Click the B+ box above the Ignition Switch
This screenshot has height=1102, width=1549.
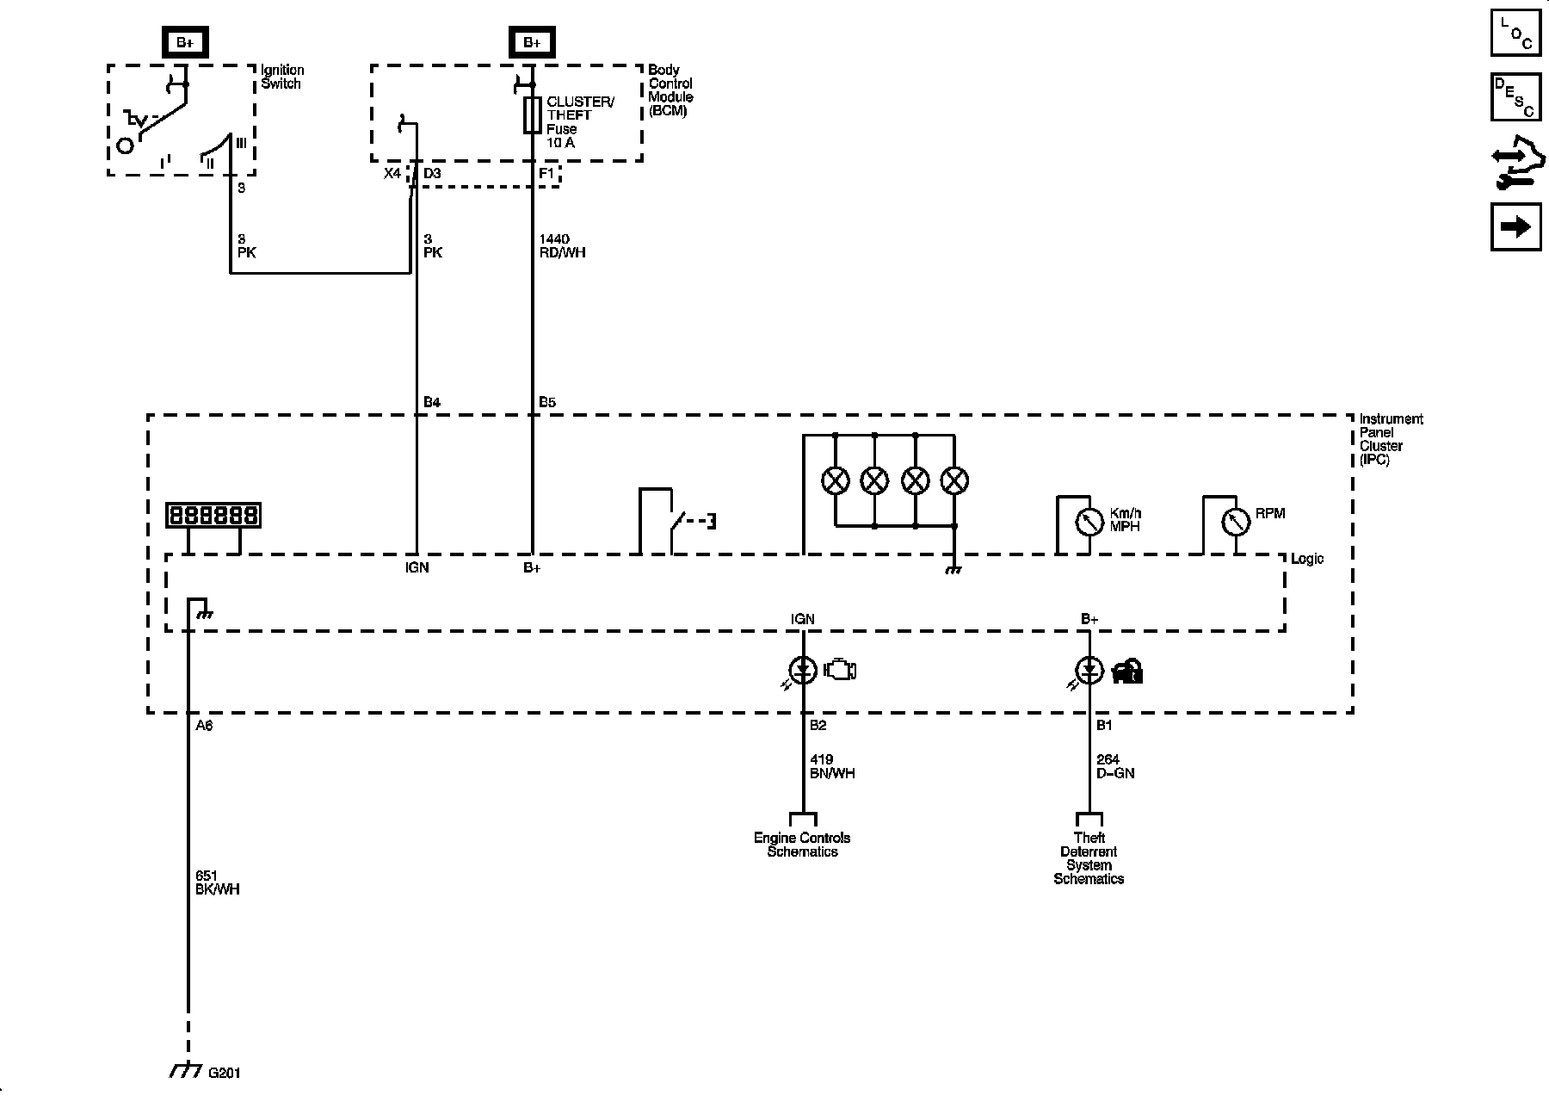(x=183, y=42)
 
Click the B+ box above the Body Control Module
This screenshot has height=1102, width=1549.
(x=531, y=42)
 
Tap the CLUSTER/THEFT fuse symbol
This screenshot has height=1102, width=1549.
(x=533, y=115)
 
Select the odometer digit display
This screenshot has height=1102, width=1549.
(x=213, y=515)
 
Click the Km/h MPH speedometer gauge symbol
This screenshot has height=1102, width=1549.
(x=1089, y=522)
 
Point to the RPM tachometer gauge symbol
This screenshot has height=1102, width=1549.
(x=1236, y=522)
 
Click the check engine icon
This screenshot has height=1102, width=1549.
(x=840, y=670)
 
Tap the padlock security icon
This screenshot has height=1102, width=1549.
(x=1127, y=671)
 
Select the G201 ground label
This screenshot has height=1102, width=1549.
(x=225, y=1073)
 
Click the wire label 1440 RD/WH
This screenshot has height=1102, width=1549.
(x=562, y=245)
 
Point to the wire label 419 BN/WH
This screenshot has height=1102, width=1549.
(x=832, y=766)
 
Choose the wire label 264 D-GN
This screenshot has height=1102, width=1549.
(x=1115, y=766)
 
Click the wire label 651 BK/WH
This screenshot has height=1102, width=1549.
(x=217, y=882)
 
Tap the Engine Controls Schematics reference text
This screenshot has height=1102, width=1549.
(x=802, y=845)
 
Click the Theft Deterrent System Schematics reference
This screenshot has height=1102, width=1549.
(x=1089, y=858)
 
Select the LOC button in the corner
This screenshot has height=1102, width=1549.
(x=1515, y=32)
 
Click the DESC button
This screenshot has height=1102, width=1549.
(x=1515, y=96)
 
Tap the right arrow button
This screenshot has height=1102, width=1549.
(x=1515, y=226)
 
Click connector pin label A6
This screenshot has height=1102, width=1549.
(x=204, y=726)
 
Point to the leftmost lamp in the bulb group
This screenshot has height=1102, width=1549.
(x=835, y=480)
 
